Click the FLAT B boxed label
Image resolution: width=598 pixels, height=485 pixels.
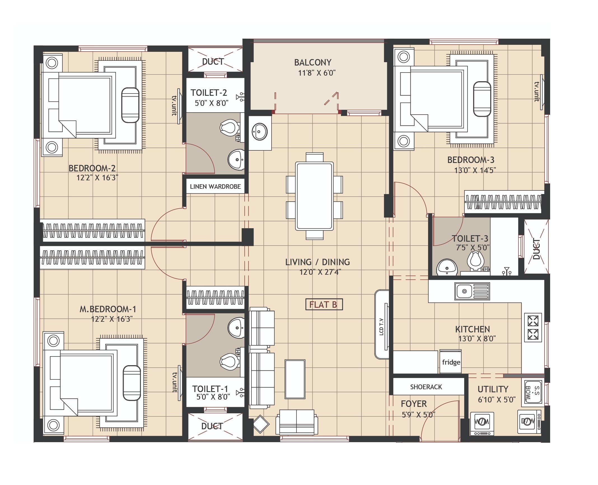coord(324,304)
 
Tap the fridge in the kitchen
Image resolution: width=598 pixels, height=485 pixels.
coord(451,362)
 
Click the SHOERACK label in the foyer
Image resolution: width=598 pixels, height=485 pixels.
coord(426,387)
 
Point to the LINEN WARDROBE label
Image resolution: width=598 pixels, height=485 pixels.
coord(215,186)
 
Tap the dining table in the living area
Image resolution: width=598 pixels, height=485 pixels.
coord(314,196)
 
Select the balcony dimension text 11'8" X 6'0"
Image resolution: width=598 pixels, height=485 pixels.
coord(317,73)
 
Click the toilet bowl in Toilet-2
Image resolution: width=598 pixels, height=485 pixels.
coord(230,127)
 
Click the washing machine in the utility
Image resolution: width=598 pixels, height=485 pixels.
coord(482,422)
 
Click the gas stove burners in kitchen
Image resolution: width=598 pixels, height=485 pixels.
coord(532,327)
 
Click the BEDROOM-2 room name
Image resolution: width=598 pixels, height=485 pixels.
coord(92,168)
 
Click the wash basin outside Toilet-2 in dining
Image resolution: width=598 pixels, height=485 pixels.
coord(260,132)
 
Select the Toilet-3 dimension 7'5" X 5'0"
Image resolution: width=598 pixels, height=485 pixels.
coord(473,248)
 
